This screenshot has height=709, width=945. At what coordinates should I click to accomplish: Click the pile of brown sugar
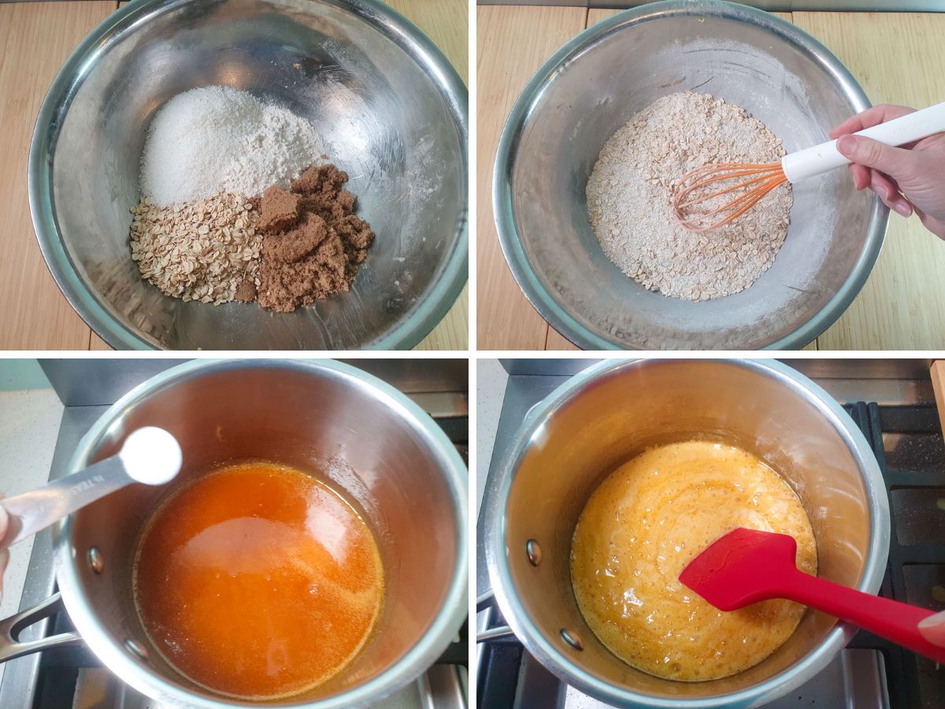coord(311,240)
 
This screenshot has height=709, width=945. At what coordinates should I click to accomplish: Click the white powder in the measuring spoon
coord(152,455)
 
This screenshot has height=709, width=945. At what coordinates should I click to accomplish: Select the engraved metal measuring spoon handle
coord(63,496)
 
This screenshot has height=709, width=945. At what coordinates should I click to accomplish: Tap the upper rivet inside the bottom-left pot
coord(95,560)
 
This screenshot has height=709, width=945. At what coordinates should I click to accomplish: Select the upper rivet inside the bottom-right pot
coord(534,551)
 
